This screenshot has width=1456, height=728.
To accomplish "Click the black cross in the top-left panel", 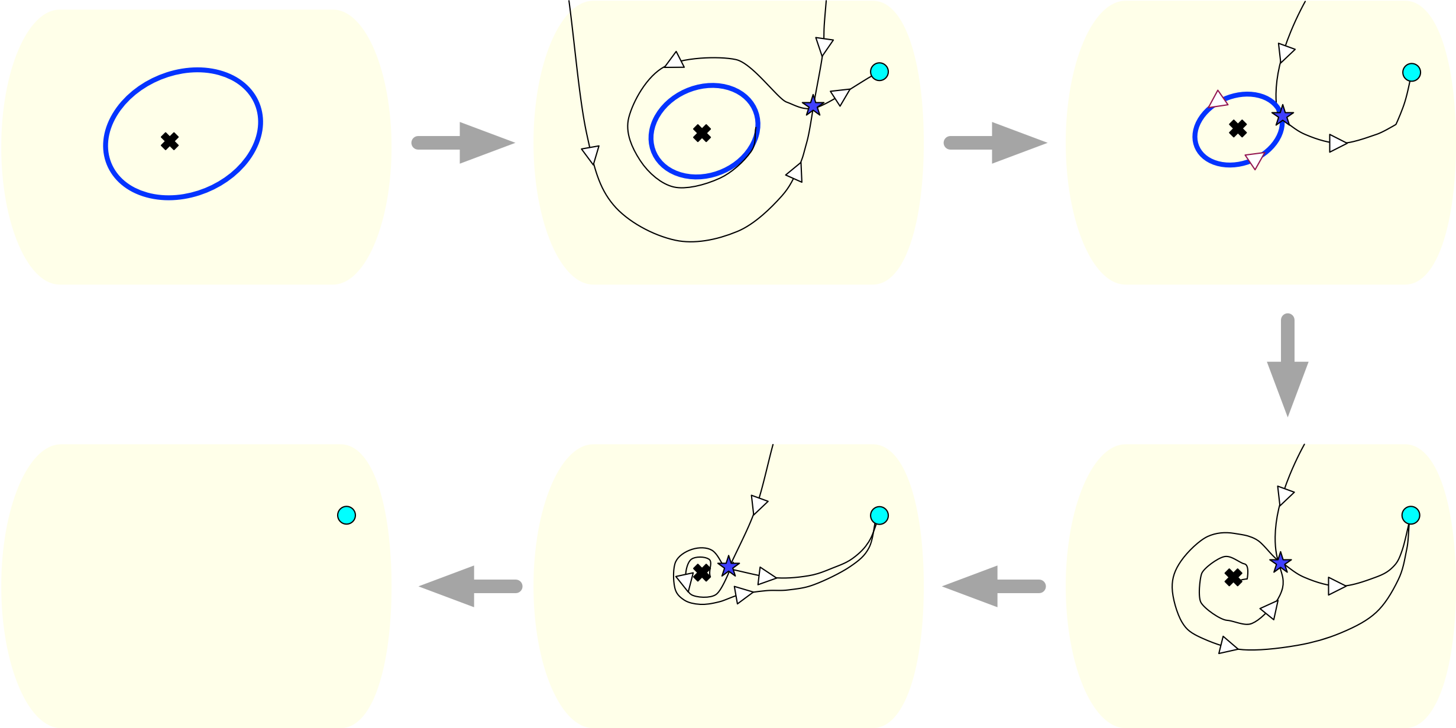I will (170, 141).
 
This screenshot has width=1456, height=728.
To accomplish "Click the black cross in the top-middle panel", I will (702, 133).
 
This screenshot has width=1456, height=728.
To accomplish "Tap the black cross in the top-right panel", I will (1238, 128).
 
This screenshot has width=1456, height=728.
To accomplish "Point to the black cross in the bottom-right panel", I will (1234, 578).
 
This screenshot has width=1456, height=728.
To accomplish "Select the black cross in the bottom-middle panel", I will (702, 572).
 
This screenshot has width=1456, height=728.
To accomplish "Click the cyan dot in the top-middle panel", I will (879, 72).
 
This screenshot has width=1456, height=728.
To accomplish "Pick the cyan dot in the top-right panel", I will (1412, 72).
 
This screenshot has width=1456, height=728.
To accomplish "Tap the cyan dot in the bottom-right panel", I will (1410, 515).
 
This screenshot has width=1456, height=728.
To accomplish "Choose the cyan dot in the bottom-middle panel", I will (879, 516).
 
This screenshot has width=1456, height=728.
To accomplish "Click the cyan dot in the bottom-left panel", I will (347, 516).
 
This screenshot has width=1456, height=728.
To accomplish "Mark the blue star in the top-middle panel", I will (813, 105).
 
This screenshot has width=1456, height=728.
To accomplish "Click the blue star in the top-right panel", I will (1282, 115).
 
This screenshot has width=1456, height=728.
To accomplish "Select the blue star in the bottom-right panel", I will (1280, 562).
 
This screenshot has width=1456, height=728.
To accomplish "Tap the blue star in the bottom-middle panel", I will (729, 567).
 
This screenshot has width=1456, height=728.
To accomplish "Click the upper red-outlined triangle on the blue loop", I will (1218, 100).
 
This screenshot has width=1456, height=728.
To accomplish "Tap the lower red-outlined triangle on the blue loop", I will (1254, 160).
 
